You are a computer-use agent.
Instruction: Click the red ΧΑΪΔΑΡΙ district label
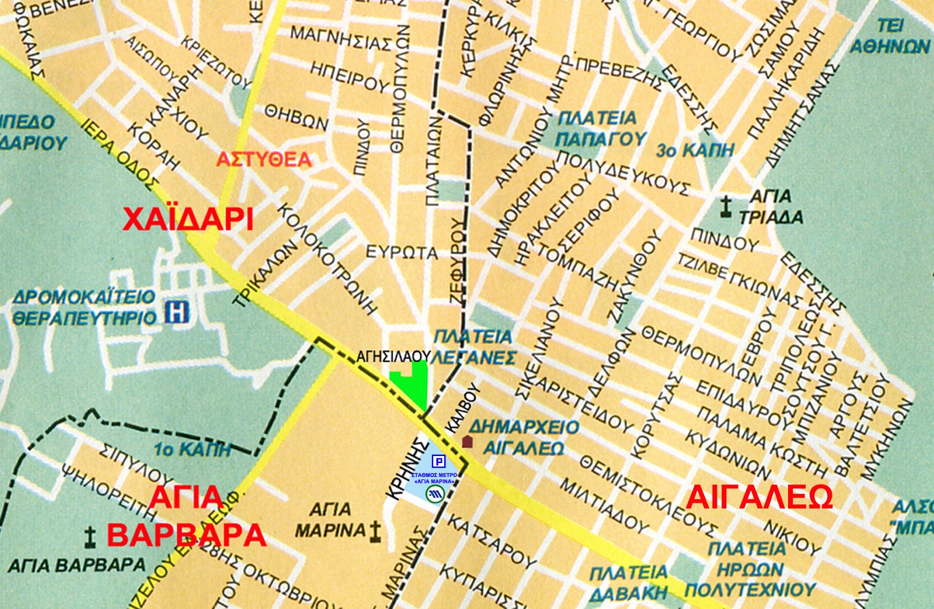tap(188, 220)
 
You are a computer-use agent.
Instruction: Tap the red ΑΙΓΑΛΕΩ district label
tap(759, 498)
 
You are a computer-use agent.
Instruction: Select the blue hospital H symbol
tap(177, 312)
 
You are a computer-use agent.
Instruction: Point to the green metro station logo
tap(435, 495)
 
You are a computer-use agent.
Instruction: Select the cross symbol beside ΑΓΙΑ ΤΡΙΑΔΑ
tap(726, 207)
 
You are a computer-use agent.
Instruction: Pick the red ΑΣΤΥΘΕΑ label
tap(264, 159)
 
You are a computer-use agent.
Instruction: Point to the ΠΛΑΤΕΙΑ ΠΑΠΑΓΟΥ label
tap(600, 128)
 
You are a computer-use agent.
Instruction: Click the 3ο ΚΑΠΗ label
tap(695, 150)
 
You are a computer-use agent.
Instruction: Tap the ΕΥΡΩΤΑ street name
tap(401, 253)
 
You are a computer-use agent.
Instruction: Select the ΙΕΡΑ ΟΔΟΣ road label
tap(120, 155)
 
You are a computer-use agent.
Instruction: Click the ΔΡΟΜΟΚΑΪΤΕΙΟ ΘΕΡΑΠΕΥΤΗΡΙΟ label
tap(85, 307)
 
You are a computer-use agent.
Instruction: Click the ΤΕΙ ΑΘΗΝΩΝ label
tap(890, 36)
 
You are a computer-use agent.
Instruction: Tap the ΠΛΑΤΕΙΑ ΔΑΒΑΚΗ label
tap(628, 582)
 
